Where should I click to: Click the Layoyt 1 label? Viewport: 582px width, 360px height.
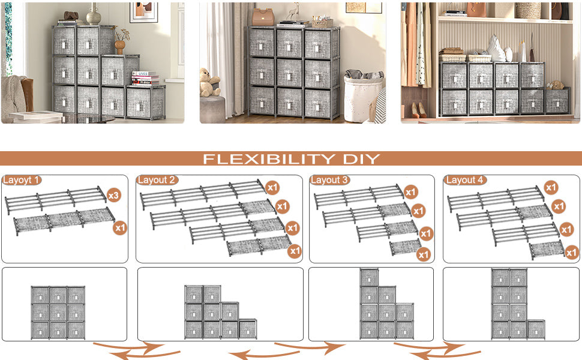coord(21,181)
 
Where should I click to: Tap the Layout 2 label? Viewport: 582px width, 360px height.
coord(157,180)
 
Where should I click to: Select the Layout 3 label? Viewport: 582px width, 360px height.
coord(329,180)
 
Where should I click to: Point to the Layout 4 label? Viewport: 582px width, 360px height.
coord(465,180)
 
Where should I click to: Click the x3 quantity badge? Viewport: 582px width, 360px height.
coord(114,195)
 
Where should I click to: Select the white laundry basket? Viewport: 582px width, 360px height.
coord(362,97)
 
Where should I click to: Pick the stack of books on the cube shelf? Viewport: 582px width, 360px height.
coord(145,78)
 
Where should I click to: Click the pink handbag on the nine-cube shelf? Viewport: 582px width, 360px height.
coord(263,17)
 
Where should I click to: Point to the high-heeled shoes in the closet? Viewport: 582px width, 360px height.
coord(418,110)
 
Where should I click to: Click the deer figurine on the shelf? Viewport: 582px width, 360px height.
coord(295,12)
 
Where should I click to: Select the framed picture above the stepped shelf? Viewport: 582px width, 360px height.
coord(144,12)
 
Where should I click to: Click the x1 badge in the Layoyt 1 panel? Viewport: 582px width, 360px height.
coord(120,227)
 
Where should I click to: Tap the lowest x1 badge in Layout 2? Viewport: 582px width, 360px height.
coord(295,251)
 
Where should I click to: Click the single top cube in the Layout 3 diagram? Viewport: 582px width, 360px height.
coord(370,278)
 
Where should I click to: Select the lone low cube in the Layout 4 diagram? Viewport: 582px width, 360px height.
coord(536,329)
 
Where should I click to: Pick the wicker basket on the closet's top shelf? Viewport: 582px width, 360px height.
coord(528,11)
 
